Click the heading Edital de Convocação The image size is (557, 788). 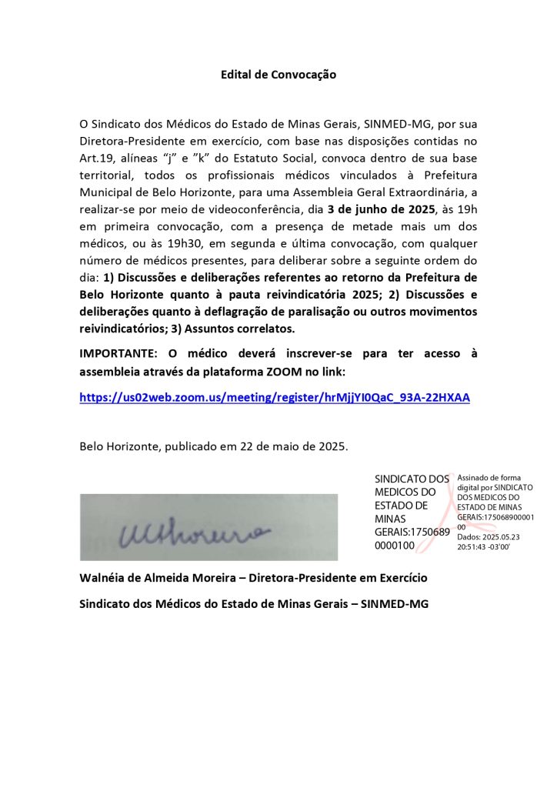pos(278,75)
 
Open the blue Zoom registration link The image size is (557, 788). pos(275,398)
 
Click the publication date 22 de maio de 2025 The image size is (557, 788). pos(293,446)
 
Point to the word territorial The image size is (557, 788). pos(108,175)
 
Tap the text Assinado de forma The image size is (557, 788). pos(489,478)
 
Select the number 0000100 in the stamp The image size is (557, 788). pos(395,546)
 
